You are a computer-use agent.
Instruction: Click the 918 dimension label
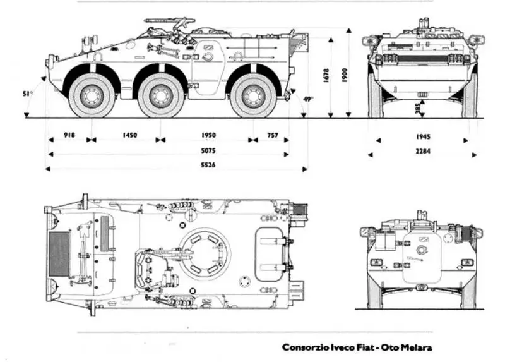(x=69, y=136)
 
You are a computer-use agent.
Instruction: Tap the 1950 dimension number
(x=208, y=136)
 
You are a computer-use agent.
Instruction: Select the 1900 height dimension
(x=343, y=75)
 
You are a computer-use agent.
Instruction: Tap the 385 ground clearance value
(x=417, y=109)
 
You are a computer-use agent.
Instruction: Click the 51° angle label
(x=27, y=94)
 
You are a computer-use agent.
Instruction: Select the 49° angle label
(x=307, y=99)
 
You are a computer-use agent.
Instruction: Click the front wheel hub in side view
(x=92, y=95)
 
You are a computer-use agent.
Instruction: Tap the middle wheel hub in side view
(x=161, y=95)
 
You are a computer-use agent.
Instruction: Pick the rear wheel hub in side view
(x=254, y=95)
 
